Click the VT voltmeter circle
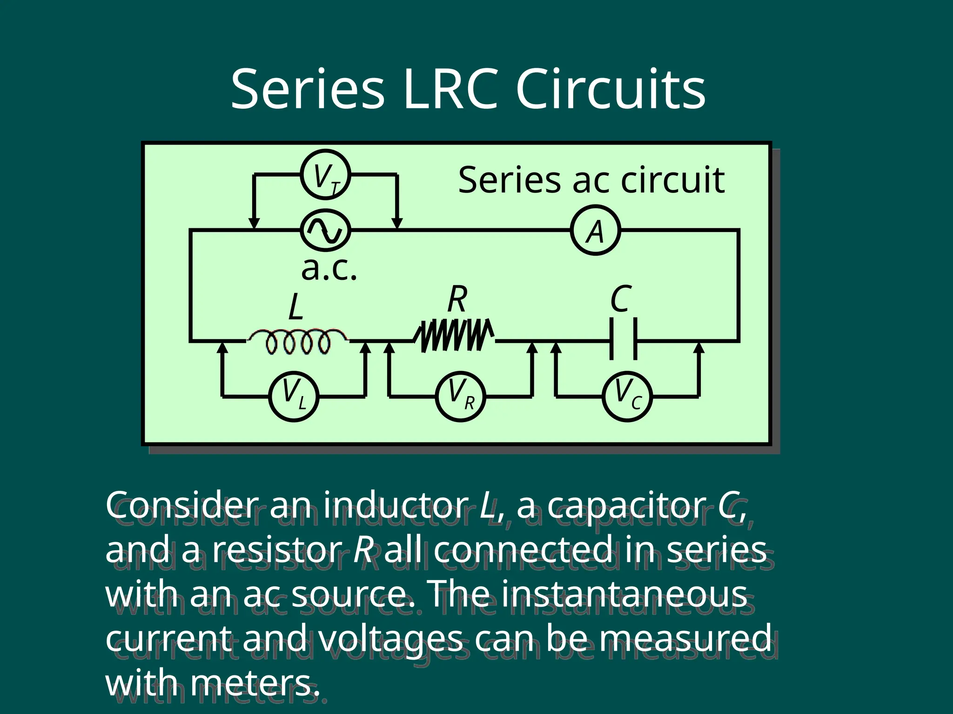pyautogui.click(x=325, y=175)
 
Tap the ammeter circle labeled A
pyautogui.click(x=595, y=231)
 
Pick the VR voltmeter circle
pyautogui.click(x=460, y=397)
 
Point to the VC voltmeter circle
pyautogui.click(x=627, y=397)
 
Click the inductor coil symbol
pyautogui.click(x=298, y=342)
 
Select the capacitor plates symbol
pyautogui.click(x=623, y=338)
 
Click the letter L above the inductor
pyautogui.click(x=295, y=307)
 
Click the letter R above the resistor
pyautogui.click(x=457, y=299)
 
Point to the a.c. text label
pyautogui.click(x=329, y=269)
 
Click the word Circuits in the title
pyautogui.click(x=611, y=89)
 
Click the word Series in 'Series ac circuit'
pyautogui.click(x=509, y=180)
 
